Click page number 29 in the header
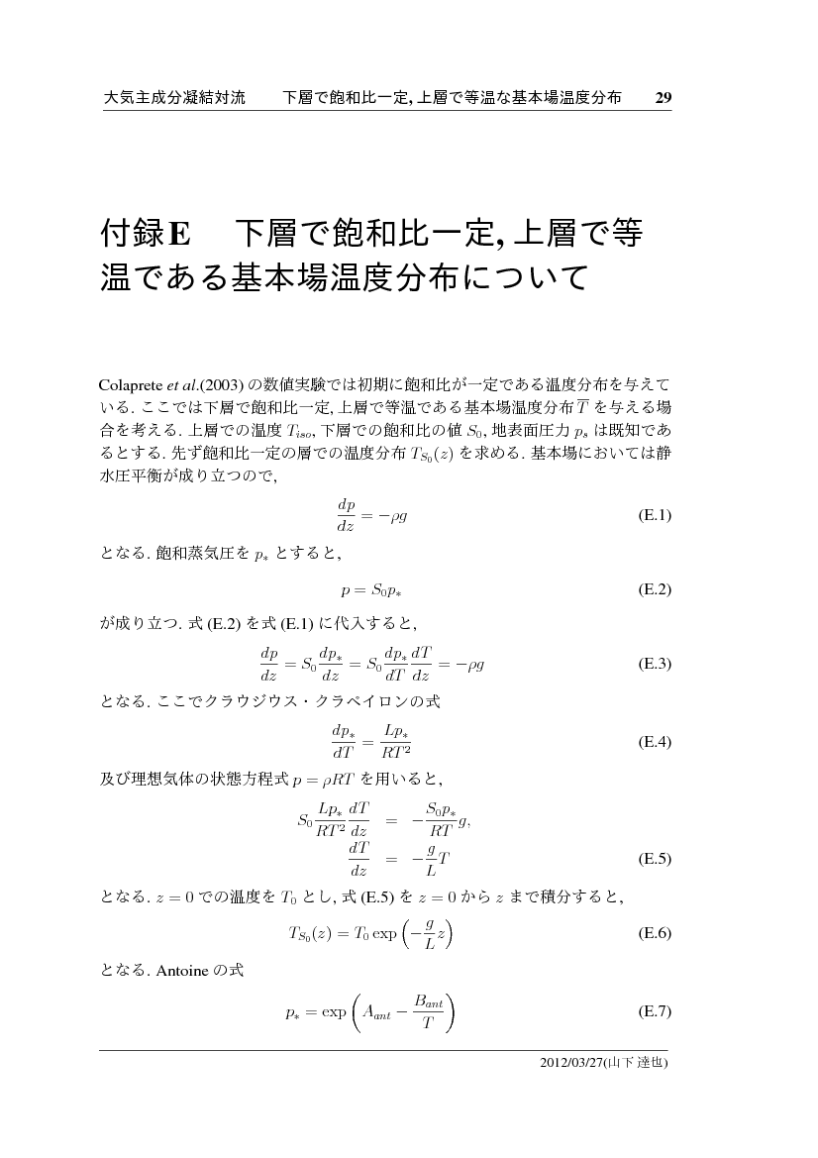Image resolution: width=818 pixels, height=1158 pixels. [664, 97]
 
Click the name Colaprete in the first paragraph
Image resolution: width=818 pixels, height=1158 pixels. [132, 384]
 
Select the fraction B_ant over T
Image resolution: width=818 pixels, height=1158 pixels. [427, 1012]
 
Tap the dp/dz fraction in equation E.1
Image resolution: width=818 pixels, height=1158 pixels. [346, 516]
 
